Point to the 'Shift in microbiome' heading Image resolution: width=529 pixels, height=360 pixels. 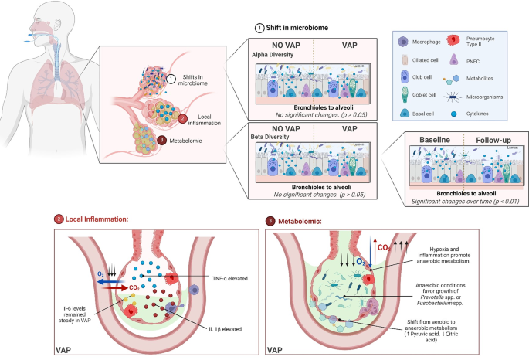coord(294,28)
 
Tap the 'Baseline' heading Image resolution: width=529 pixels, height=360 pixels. coord(436,140)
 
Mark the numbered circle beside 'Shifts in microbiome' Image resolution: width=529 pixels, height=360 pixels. coord(172,77)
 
